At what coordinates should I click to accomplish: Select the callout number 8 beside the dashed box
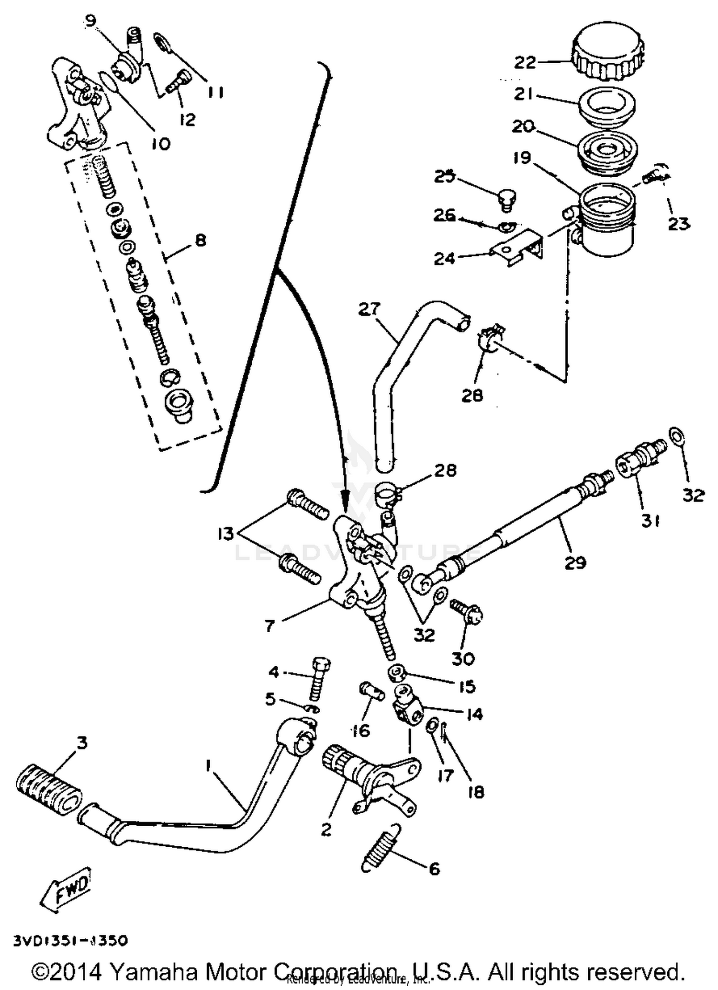pyautogui.click(x=200, y=240)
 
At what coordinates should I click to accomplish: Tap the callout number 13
pyautogui.click(x=225, y=534)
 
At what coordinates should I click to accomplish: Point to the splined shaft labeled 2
pyautogui.click(x=349, y=772)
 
